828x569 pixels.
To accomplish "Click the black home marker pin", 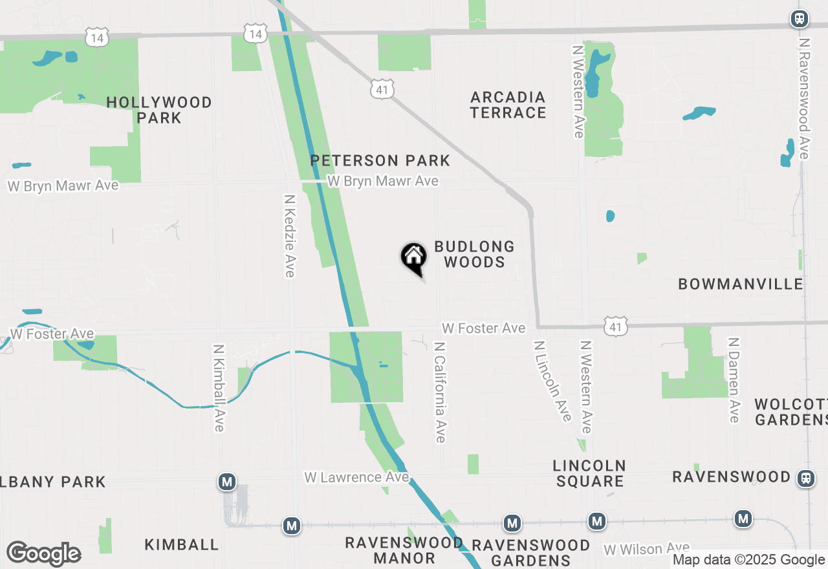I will click(x=414, y=259).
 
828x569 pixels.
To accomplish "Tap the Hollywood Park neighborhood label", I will click(x=159, y=110).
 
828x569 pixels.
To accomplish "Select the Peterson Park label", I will click(x=380, y=160).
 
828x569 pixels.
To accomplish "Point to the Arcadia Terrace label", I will click(x=508, y=105).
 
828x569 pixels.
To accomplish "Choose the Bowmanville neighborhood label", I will click(x=741, y=284).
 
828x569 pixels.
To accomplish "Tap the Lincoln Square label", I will click(x=589, y=473).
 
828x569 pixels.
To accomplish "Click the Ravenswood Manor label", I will click(x=404, y=550).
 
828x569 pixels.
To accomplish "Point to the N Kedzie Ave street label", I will click(x=290, y=236).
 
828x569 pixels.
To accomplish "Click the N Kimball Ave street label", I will click(x=218, y=387).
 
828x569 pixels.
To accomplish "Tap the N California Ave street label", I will click(x=441, y=392).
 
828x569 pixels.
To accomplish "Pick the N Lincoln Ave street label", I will click(x=553, y=381).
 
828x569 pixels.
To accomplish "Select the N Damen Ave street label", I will click(x=734, y=380).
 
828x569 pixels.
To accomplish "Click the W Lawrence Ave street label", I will click(x=356, y=477).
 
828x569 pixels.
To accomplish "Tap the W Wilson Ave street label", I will click(x=647, y=549).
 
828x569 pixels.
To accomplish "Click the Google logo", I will click(x=43, y=553).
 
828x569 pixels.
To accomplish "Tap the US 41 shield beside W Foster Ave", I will click(x=615, y=327).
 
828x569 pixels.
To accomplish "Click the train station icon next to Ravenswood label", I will click(x=806, y=478).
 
